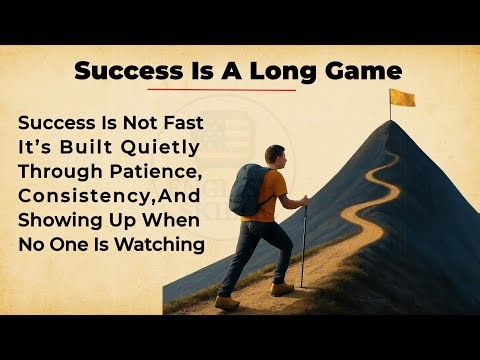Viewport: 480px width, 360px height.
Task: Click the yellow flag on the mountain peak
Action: tap(403, 97)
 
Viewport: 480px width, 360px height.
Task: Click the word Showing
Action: tap(57, 219)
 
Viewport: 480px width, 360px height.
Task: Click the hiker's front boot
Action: tap(283, 288)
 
